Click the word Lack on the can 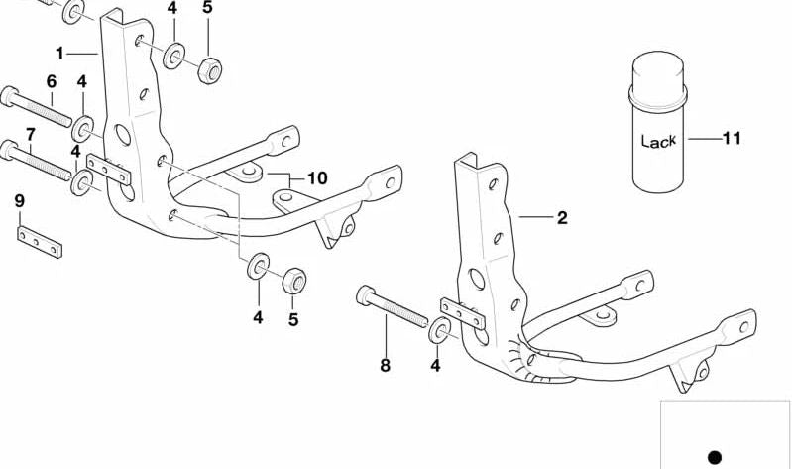coord(658,141)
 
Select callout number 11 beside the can coord(731,138)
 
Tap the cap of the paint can coord(658,75)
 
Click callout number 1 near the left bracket coord(59,54)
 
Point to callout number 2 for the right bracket coord(562,218)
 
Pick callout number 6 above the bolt coord(52,81)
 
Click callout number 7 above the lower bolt coord(31,135)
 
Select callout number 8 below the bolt coord(385,365)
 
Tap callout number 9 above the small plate coord(19,201)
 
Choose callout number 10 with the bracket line coord(318,177)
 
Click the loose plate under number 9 coord(40,242)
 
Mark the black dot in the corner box coord(715,457)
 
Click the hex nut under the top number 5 coord(209,70)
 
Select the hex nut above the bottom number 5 coord(294,281)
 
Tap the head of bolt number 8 coord(365,295)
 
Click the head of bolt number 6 coord(10,96)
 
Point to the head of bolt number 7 coord(9,150)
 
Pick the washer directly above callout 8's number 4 coord(437,330)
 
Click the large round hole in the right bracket coord(477,279)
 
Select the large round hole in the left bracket coord(123,135)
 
